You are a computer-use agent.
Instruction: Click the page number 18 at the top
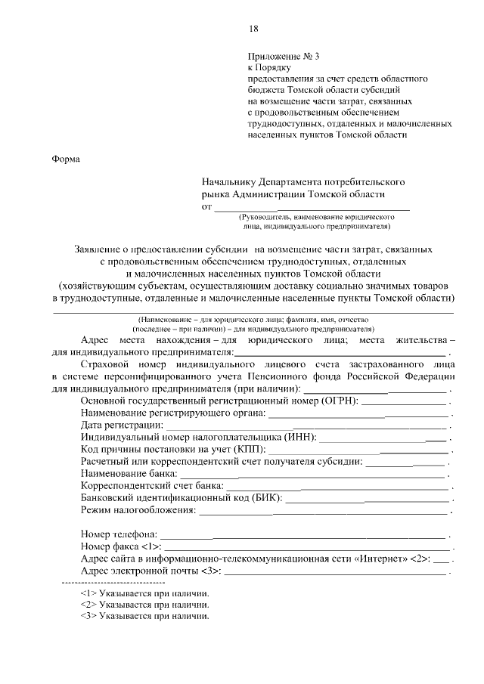pyautogui.click(x=253, y=29)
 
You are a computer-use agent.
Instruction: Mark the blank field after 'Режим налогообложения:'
pyautogui.click(x=323, y=512)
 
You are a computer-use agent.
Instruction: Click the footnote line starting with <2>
pyautogui.click(x=144, y=605)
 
